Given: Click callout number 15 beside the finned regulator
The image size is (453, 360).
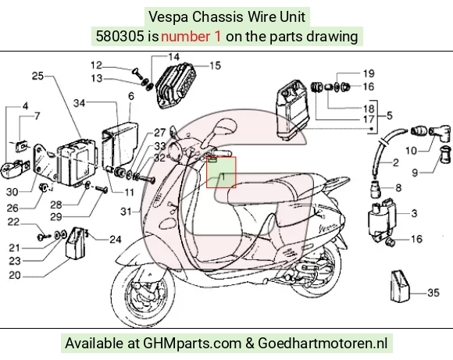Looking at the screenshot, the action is [215, 66].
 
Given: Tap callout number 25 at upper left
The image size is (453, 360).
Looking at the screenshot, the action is [37, 76].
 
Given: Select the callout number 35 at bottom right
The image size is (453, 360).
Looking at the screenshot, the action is [433, 293].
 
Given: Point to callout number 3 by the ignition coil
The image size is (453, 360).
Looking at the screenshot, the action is [414, 213].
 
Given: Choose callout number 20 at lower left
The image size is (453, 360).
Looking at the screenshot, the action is [14, 275].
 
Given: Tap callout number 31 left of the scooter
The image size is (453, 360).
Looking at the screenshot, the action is [126, 212].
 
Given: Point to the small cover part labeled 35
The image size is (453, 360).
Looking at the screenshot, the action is [400, 286].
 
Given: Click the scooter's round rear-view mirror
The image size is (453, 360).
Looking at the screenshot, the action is [224, 127].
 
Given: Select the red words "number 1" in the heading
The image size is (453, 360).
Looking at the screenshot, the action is [191, 37].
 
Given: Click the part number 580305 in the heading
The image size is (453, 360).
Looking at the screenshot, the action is [119, 37].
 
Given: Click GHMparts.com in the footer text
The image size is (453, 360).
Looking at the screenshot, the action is [192, 344].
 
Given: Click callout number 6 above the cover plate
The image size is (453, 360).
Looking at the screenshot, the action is [131, 96].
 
